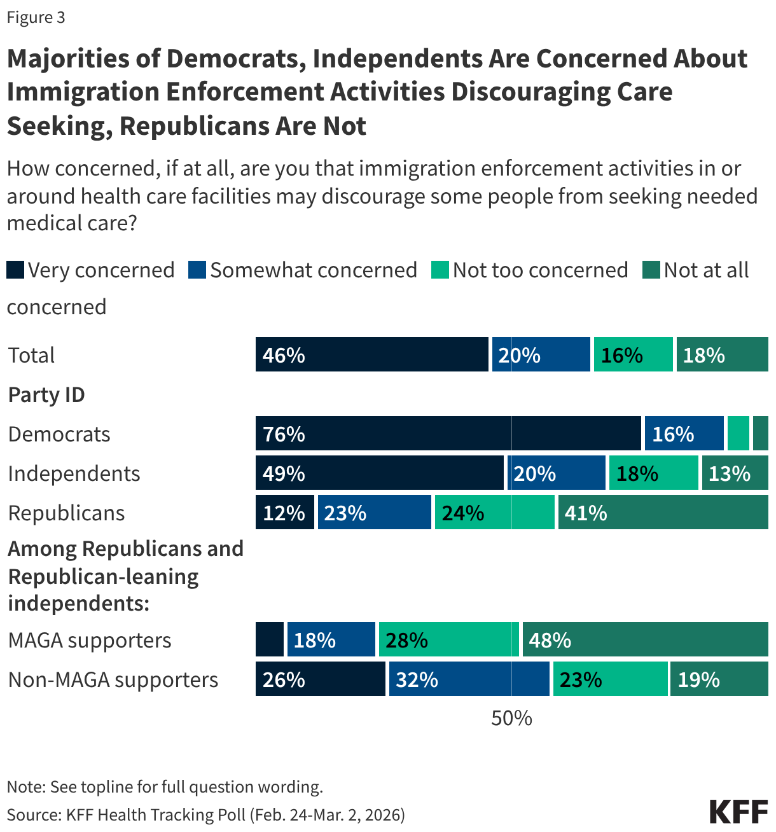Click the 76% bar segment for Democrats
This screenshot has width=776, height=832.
448,434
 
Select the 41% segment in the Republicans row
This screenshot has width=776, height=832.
663,513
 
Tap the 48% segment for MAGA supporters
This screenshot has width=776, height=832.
645,640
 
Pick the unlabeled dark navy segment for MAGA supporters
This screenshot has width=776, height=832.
270,640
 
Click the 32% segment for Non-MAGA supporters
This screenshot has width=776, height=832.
469,679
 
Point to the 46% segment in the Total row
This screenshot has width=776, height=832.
371,355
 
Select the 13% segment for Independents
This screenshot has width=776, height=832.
735,473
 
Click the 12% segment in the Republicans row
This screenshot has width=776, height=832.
284,513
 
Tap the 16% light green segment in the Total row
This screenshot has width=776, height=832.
633,355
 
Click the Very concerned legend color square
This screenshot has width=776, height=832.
15,270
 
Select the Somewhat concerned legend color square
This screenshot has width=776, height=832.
197,270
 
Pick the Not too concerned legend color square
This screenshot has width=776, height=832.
440,270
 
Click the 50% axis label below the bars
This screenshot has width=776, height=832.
511,718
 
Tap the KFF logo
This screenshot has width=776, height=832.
738,812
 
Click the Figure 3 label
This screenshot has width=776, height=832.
36,17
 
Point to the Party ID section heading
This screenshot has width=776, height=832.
46,395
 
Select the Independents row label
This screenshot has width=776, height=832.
74,474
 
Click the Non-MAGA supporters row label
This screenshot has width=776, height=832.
113,680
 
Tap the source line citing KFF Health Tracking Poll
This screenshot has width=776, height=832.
205,815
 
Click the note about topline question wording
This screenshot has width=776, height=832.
165,787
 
